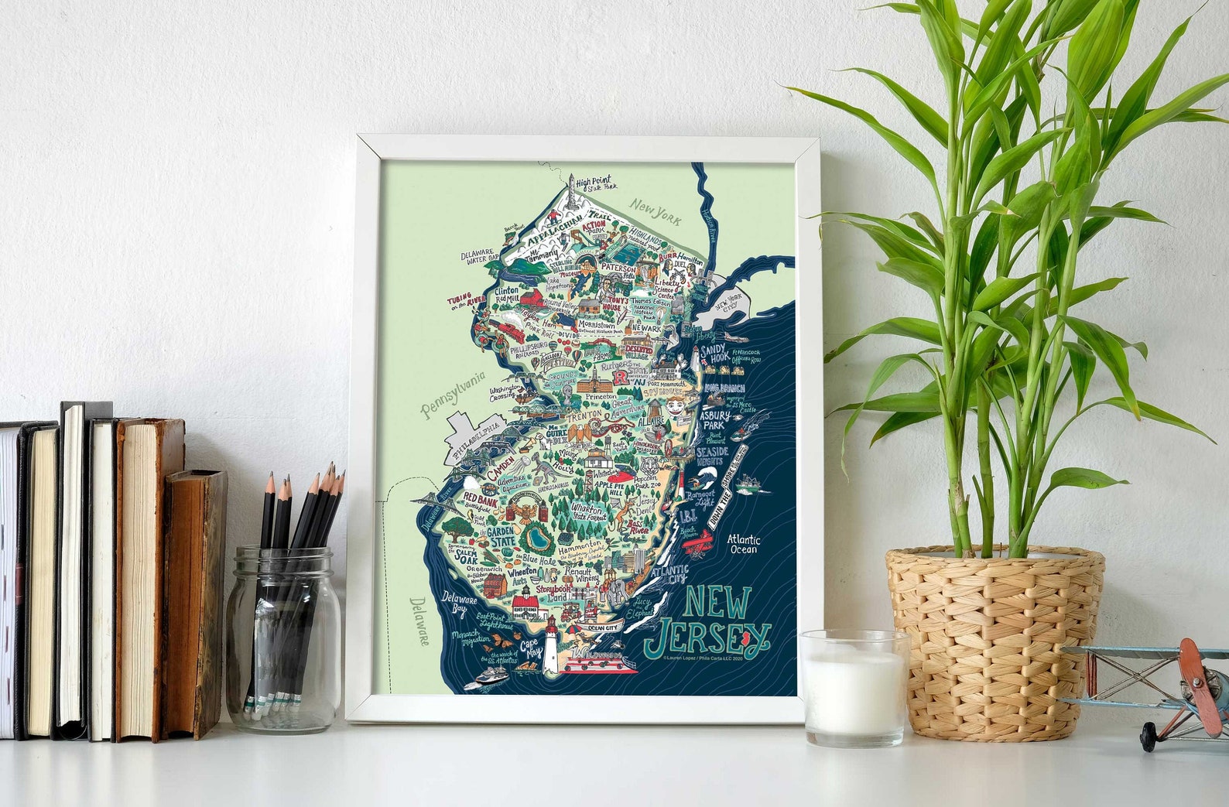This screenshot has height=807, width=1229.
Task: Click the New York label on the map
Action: click(655, 210)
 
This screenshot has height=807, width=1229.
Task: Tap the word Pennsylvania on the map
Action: click(454, 395)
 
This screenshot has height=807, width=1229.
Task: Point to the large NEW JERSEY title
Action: click(707, 620)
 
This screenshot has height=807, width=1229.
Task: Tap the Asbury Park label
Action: click(715, 421)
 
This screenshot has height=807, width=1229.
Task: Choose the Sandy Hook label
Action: click(714, 354)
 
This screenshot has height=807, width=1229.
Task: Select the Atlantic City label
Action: click(669, 574)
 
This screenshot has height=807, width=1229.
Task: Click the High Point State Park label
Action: click(601, 183)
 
